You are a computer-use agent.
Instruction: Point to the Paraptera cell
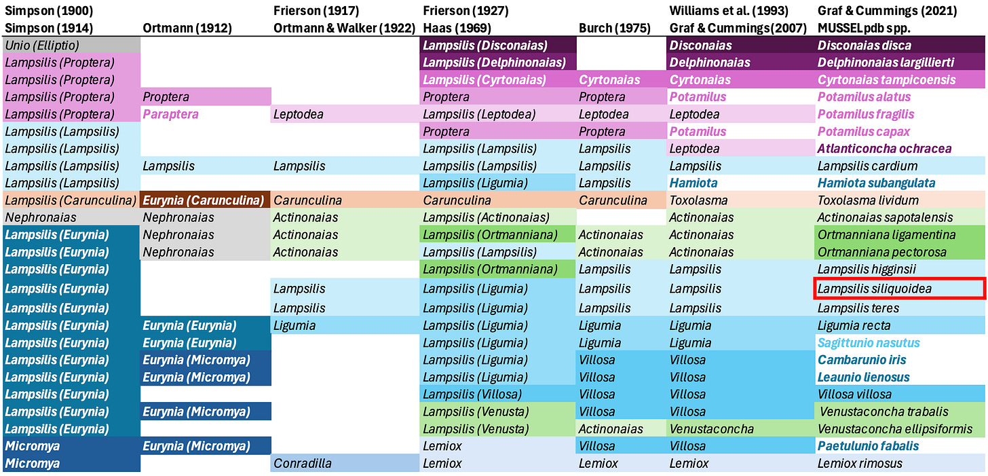tap(170, 114)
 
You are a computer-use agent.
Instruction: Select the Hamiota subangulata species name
tap(876, 183)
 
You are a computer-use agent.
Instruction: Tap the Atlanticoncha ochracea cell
tap(884, 148)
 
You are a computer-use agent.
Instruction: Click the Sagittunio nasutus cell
tap(869, 343)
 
